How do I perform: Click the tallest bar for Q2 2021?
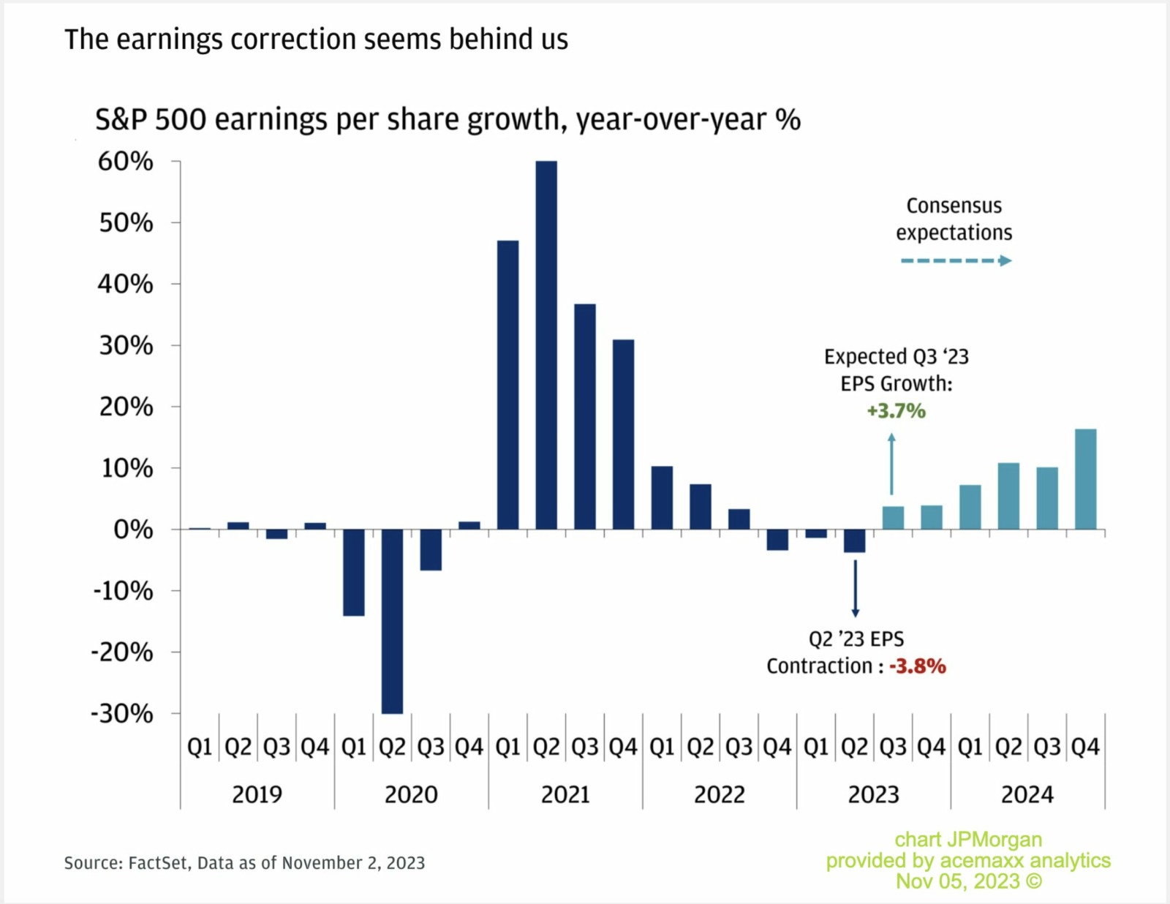point(546,344)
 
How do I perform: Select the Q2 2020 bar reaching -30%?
point(392,622)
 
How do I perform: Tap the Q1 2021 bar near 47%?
point(507,384)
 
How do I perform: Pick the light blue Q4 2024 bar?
point(1085,479)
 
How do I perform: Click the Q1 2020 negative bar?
point(354,572)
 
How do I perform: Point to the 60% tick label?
point(126,162)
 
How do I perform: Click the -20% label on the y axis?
point(122,652)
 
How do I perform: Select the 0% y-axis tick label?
point(133,530)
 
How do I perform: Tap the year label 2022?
point(719,794)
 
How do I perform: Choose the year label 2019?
point(257,794)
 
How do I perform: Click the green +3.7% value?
point(896,411)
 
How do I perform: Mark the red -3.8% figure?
point(918,666)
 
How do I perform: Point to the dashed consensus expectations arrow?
point(955,260)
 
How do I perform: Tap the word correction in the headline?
point(292,39)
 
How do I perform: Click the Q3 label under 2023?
point(893,747)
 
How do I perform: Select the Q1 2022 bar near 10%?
point(662,497)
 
